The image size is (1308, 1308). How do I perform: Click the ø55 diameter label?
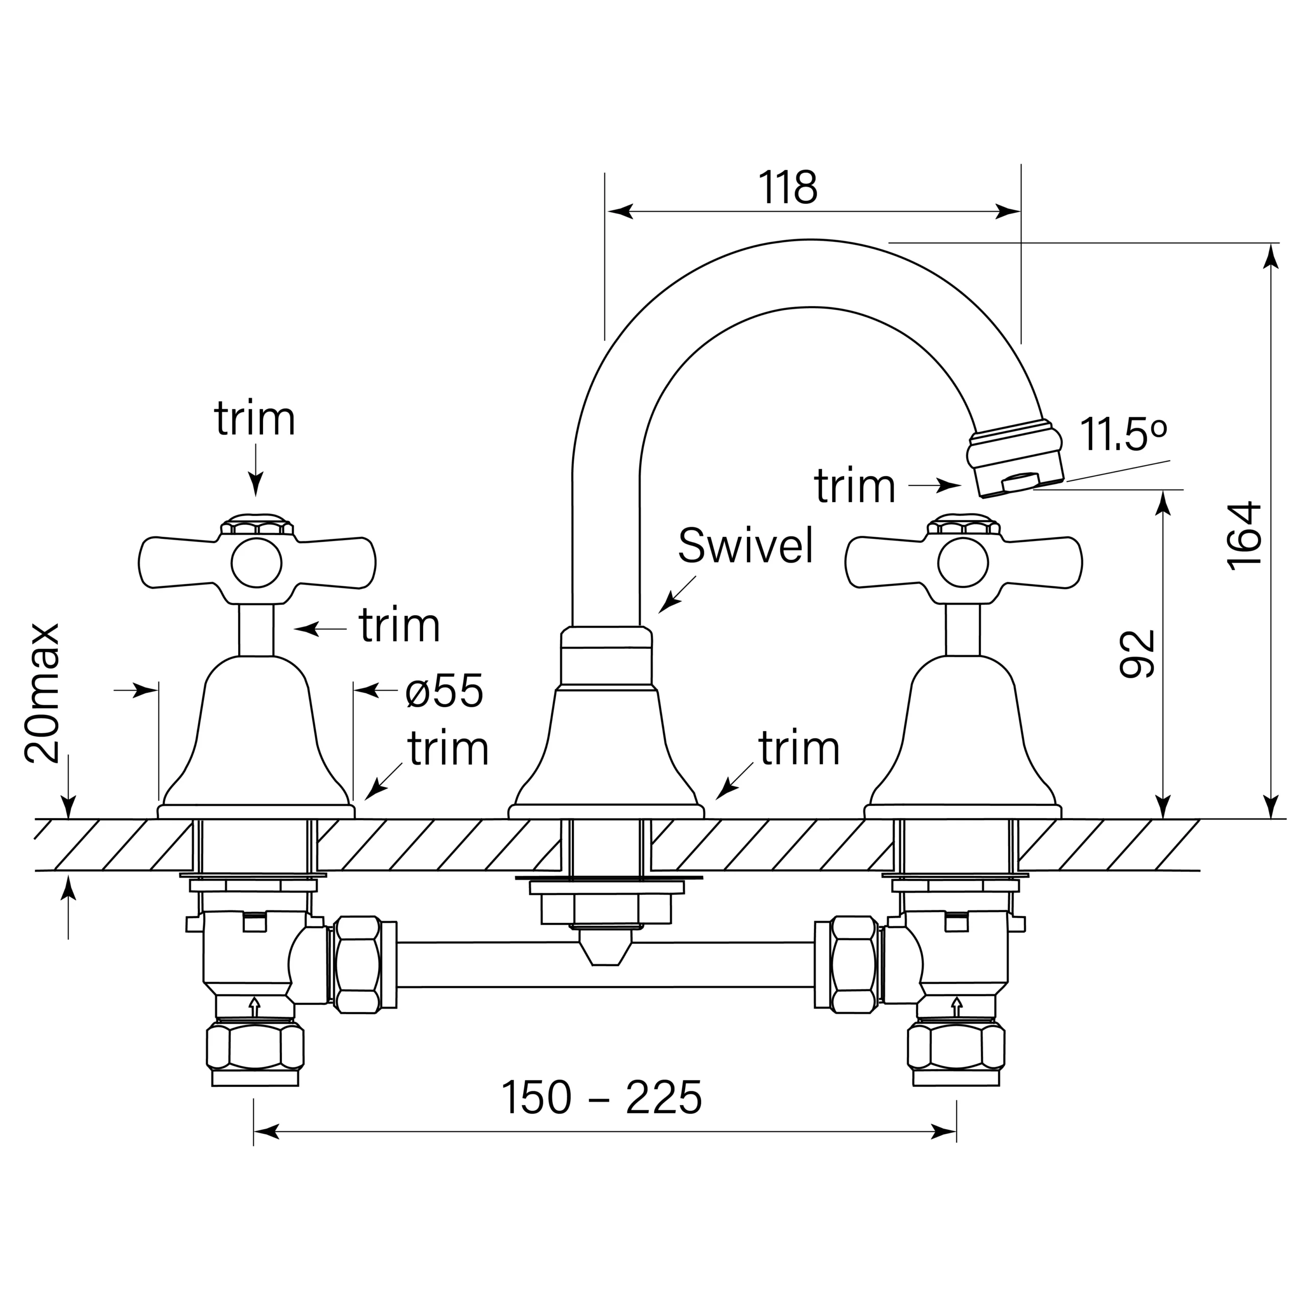[x=444, y=691]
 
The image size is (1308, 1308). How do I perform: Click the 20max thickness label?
[x=42, y=693]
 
